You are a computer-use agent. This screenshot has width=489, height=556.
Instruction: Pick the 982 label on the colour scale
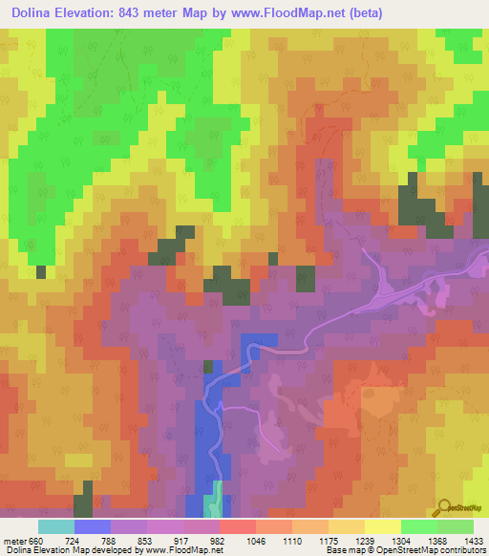click(220, 540)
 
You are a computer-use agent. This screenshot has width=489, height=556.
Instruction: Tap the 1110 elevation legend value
click(292, 540)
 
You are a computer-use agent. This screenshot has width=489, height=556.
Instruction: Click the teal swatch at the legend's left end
click(56, 526)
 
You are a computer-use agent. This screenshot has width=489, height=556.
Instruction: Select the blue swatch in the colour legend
click(93, 526)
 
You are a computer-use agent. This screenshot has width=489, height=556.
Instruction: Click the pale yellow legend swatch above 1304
click(383, 526)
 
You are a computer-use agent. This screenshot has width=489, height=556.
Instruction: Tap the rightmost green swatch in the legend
click(456, 526)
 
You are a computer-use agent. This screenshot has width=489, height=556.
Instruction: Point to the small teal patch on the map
click(217, 498)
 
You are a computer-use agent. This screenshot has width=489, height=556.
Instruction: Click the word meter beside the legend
click(14, 540)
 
